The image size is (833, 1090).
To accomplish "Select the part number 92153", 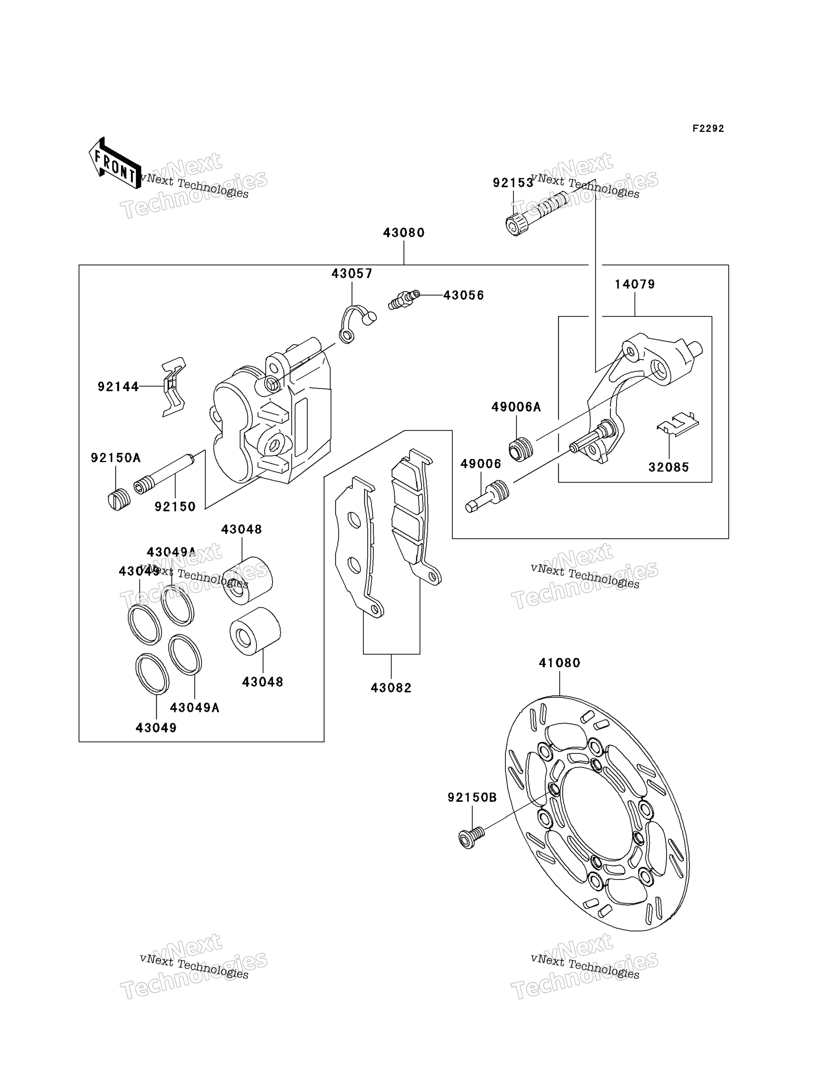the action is (513, 183).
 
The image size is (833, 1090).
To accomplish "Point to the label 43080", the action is (404, 232).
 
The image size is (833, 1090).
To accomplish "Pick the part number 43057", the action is (352, 273).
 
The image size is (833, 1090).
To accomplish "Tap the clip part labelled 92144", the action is (174, 386).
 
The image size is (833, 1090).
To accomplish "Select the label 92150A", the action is (116, 458).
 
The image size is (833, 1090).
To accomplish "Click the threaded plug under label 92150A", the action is (119, 499).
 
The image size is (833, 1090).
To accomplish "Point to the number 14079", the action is (635, 284).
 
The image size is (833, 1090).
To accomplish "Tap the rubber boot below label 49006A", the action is (521, 449).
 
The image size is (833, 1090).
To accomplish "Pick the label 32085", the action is (669, 467).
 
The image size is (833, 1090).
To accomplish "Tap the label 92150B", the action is (472, 797).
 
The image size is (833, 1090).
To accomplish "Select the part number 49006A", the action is (516, 407).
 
